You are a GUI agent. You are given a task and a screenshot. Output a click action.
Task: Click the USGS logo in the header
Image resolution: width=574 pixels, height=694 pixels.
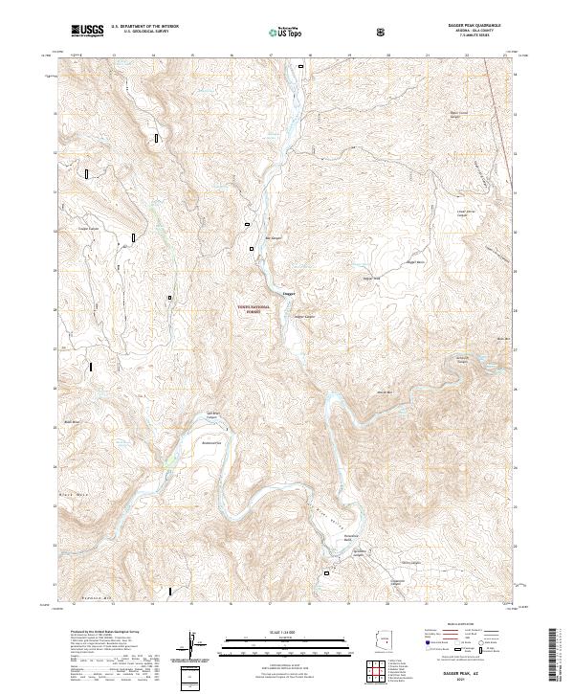(88, 32)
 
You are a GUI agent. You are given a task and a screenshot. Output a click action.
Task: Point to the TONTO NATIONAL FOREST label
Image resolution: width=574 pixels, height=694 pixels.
(254, 309)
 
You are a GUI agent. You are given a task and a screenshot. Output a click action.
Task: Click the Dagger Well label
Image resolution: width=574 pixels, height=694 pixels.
(370, 279)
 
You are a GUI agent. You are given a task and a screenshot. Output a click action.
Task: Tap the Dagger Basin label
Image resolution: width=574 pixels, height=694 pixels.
(414, 261)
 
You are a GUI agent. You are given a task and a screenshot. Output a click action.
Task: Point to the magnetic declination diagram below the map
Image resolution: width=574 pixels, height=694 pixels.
(194, 644)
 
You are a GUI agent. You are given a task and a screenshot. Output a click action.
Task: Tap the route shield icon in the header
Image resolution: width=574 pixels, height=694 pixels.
(383, 32)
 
